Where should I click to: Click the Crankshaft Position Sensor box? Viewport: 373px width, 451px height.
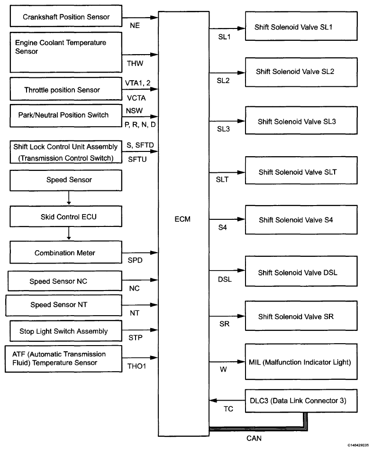[x=66, y=16]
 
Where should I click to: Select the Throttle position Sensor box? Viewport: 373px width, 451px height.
[x=66, y=89]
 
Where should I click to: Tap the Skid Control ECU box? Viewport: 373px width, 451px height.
[x=66, y=216]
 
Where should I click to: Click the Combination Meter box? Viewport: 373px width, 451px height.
[x=66, y=252]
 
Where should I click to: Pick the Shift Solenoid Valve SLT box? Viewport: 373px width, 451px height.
[x=301, y=170]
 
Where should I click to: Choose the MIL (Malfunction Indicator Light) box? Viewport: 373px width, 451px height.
[x=301, y=362]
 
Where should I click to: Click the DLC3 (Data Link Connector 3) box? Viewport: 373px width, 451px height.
[x=301, y=401]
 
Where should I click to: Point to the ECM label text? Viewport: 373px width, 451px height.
[x=182, y=219]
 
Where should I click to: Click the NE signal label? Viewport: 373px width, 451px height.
[x=135, y=26]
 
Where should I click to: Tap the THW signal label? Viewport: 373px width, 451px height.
[x=135, y=63]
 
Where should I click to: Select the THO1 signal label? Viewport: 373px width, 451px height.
[x=136, y=366]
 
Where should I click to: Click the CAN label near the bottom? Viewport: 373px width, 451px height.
[x=254, y=438]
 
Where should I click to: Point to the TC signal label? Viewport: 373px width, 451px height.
[x=228, y=409]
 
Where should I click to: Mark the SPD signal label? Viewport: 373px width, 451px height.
[x=135, y=260]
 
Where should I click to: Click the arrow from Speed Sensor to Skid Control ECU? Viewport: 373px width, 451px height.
[x=69, y=198]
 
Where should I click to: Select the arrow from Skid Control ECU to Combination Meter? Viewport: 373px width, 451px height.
[x=69, y=233]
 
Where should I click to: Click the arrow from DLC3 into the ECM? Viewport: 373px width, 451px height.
[x=227, y=400]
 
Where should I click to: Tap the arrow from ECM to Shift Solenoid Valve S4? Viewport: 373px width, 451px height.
[x=227, y=219]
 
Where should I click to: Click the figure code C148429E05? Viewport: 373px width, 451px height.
[x=358, y=445]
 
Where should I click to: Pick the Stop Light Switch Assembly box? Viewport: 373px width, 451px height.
[x=66, y=331]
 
